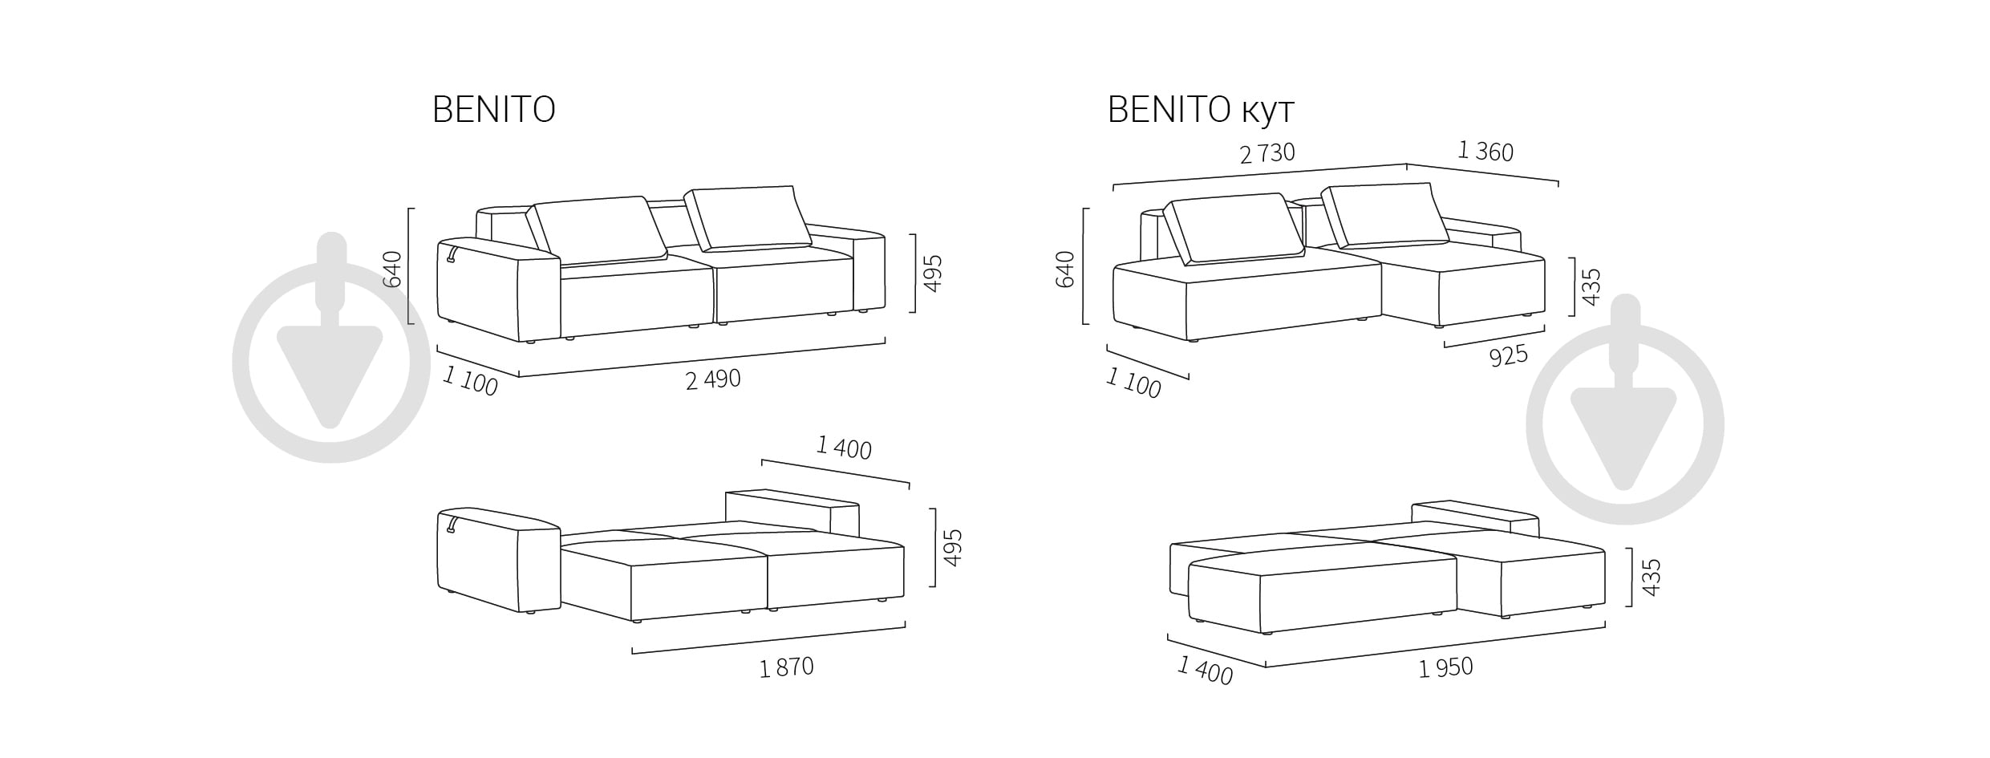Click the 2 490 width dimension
(x=713, y=379)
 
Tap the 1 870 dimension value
(x=786, y=667)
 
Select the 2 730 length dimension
(x=1267, y=152)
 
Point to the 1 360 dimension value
(x=1485, y=151)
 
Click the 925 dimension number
(x=1508, y=356)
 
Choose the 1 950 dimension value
(x=1445, y=668)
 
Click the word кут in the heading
(x=1268, y=111)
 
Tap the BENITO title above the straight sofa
(x=494, y=110)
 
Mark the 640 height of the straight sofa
(x=392, y=269)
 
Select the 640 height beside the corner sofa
(x=1065, y=269)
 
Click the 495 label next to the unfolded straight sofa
(x=952, y=548)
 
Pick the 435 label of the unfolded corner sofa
(x=1651, y=578)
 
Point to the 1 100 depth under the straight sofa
(x=470, y=381)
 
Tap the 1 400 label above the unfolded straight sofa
(x=844, y=447)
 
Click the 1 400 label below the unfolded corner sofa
(x=1205, y=671)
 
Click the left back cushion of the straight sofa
(x=600, y=230)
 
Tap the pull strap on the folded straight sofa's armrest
(x=452, y=253)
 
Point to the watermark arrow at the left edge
(x=330, y=347)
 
